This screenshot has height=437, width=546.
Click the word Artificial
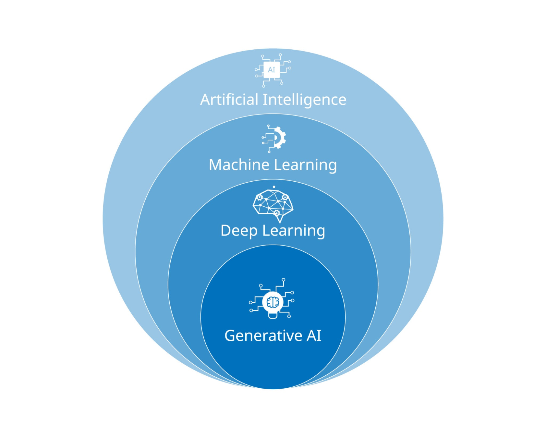229,99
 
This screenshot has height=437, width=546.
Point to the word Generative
263,335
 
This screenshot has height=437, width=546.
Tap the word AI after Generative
314,335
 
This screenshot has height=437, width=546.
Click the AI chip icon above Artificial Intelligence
272,70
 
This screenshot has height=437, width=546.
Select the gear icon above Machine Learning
278,138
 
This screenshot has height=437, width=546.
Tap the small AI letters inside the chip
272,70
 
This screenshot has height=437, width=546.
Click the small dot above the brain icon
274,187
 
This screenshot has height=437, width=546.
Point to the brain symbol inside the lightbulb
273,302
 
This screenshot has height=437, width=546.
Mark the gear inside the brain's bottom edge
276,213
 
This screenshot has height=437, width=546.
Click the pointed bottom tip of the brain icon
280,222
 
